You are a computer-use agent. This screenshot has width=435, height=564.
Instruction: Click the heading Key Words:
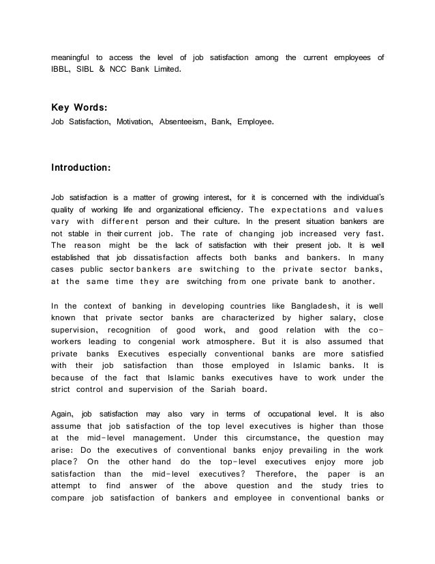[x=80, y=107]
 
